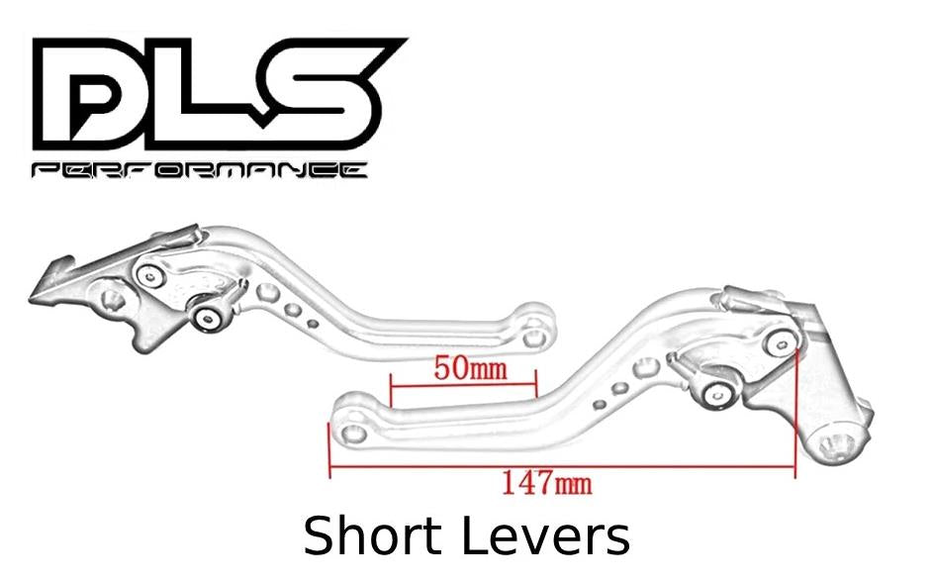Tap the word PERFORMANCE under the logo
click(199, 170)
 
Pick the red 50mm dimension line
click(463, 385)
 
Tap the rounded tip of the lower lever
click(351, 428)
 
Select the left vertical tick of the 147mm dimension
click(329, 449)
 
